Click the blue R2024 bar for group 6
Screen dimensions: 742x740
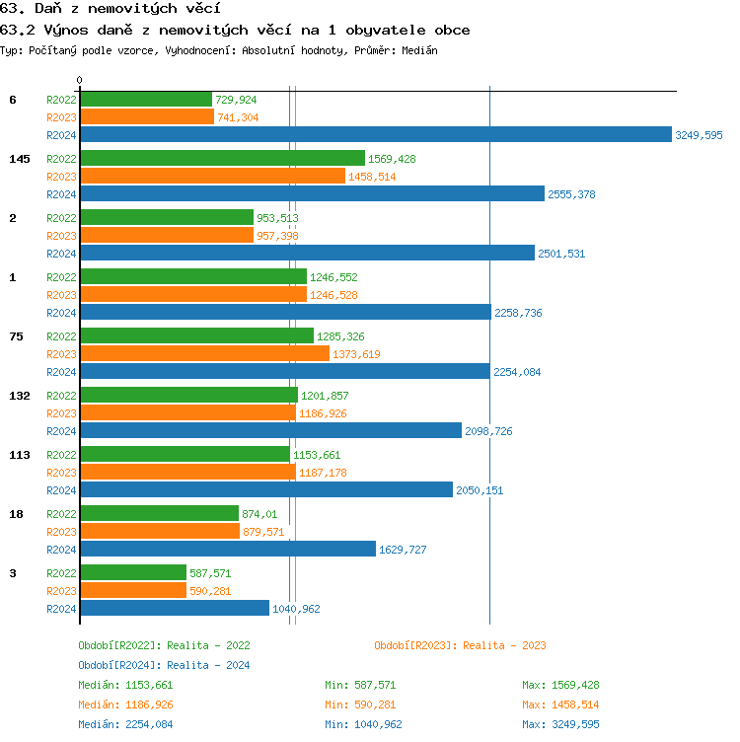click(375, 135)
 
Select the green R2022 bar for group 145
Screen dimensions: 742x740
click(222, 158)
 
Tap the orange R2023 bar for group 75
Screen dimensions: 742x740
click(204, 353)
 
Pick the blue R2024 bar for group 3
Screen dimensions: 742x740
click(174, 609)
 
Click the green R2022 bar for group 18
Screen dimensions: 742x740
click(159, 513)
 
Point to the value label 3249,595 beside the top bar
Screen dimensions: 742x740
click(699, 135)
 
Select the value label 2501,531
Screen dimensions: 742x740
click(561, 254)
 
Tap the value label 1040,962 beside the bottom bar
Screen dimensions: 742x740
click(296, 609)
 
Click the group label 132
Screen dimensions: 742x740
click(19, 396)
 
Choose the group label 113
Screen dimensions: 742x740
click(19, 455)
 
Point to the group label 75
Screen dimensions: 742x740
click(16, 336)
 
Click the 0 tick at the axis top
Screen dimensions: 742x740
click(80, 80)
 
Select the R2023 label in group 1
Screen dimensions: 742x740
click(61, 295)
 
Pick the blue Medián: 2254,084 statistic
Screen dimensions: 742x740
click(125, 724)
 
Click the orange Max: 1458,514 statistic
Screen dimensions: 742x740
click(560, 705)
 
